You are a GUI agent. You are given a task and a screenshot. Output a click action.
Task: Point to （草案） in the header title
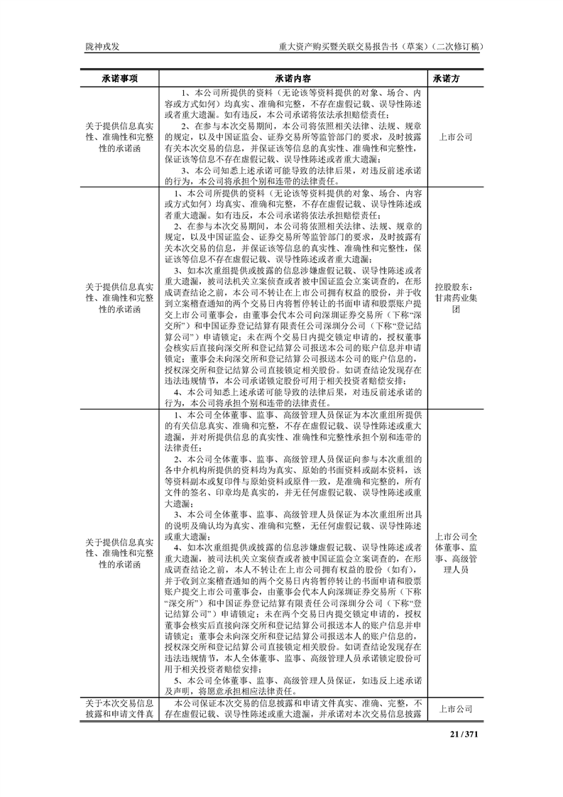pyautogui.click(x=410, y=47)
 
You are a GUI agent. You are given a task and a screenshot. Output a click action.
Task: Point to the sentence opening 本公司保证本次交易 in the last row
pyautogui.click(x=220, y=703)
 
